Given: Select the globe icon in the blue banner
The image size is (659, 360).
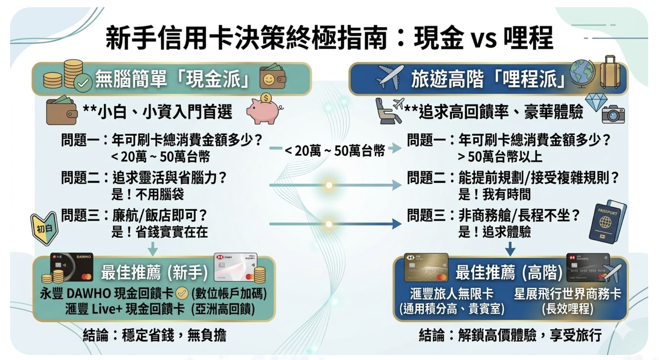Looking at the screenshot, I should click(582, 74).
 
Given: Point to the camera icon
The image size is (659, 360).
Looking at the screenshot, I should click(613, 114).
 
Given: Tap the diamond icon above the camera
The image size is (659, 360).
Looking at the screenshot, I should click(596, 102).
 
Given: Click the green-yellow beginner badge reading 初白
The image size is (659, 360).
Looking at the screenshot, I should click(44, 228).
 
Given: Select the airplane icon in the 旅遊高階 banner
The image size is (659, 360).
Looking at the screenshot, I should click(390, 77).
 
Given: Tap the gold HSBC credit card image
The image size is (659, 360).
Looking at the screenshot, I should click(426, 267).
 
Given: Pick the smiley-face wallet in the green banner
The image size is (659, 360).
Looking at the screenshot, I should click(272, 78).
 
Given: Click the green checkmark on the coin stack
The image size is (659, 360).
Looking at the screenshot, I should click(83, 83).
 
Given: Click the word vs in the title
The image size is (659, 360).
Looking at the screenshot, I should click(484, 39).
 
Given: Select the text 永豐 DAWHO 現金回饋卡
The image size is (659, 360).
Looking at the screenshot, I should click(107, 294).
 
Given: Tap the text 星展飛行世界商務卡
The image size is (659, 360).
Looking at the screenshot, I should click(567, 294).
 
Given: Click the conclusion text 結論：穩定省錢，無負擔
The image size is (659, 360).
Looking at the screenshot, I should click(154, 335).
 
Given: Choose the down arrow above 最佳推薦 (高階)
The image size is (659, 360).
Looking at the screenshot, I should click(510, 249).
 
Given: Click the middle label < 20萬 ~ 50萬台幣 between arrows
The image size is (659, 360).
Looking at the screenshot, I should click(335, 150).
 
